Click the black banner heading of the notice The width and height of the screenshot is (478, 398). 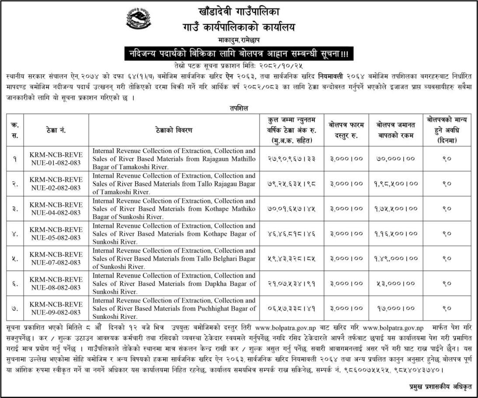[238, 55]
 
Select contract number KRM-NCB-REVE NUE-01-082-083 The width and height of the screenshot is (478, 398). [56, 158]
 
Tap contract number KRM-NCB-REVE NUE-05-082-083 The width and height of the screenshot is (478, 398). [56, 234]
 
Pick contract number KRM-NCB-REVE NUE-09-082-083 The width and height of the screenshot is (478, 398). [56, 308]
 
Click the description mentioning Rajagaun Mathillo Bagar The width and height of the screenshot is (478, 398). [174, 158]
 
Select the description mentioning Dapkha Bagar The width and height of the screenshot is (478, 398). [174, 283]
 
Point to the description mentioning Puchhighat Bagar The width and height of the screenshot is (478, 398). [174, 308]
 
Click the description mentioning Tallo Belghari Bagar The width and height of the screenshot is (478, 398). [174, 258]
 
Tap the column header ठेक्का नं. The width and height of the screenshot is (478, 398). [56, 130]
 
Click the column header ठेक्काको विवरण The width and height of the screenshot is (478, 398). [174, 130]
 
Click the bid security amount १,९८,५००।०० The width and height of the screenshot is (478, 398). [395, 183]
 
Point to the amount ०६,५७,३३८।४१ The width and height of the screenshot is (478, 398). [291, 309]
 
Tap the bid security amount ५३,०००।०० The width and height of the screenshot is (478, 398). [395, 284]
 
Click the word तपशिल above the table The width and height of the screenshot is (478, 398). [239, 108]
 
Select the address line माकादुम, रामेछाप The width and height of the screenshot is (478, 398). [239, 41]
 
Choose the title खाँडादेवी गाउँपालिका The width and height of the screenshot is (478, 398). [239, 13]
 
